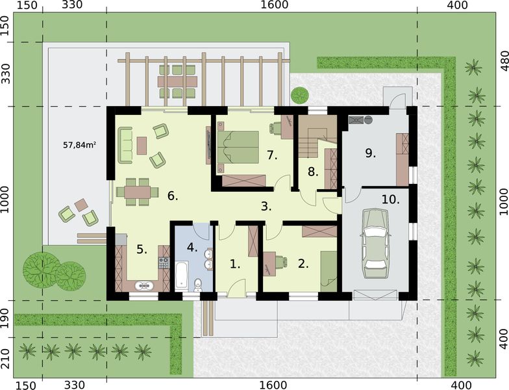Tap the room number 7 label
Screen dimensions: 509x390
[273, 156]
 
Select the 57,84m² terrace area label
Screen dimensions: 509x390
[79, 145]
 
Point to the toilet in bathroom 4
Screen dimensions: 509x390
[197, 285]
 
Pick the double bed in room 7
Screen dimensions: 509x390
[238, 146]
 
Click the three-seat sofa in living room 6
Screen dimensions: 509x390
[125, 146]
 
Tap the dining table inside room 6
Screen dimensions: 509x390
[138, 192]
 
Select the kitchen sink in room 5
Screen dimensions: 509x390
[144, 285]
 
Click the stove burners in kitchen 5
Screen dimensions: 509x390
[164, 263]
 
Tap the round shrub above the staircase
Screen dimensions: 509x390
[300, 95]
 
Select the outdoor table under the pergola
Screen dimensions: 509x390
[177, 81]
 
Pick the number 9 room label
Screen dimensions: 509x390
[370, 153]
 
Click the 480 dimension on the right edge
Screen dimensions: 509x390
[504, 61]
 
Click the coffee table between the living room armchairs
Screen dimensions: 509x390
[142, 146]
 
